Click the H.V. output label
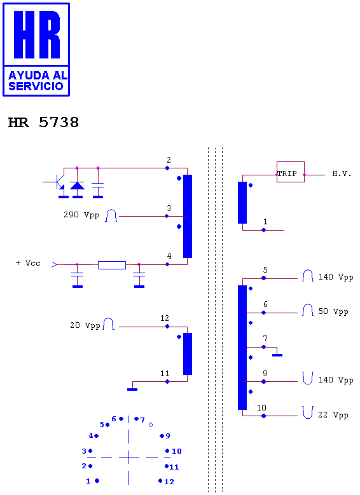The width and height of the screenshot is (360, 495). click(x=342, y=173)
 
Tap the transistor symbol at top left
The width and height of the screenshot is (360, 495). click(x=59, y=182)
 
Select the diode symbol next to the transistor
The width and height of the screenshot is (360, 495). click(x=77, y=186)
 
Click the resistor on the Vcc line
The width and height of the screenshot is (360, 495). click(x=112, y=265)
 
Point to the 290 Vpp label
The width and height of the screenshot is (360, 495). click(x=81, y=215)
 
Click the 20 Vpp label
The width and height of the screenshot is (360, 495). click(x=85, y=325)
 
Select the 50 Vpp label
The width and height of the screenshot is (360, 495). click(x=333, y=311)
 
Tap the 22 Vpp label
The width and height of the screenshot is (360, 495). click(x=333, y=415)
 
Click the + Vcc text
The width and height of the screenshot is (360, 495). click(x=28, y=263)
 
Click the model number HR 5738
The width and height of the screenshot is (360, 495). click(x=43, y=123)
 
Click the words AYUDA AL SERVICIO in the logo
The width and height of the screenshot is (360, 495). click(x=38, y=81)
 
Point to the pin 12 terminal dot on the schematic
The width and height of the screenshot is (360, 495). click(x=167, y=327)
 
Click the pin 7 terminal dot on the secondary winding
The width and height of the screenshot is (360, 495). click(x=263, y=347)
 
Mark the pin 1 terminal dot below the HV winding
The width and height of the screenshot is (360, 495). click(x=263, y=230)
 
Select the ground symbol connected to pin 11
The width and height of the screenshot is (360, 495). click(x=132, y=390)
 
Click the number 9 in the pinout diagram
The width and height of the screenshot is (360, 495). click(x=168, y=436)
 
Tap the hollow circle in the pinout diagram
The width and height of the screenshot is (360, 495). click(x=151, y=425)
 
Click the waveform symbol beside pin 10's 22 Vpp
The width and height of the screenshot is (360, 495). click(x=308, y=412)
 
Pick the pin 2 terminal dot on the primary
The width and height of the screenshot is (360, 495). click(x=167, y=168)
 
